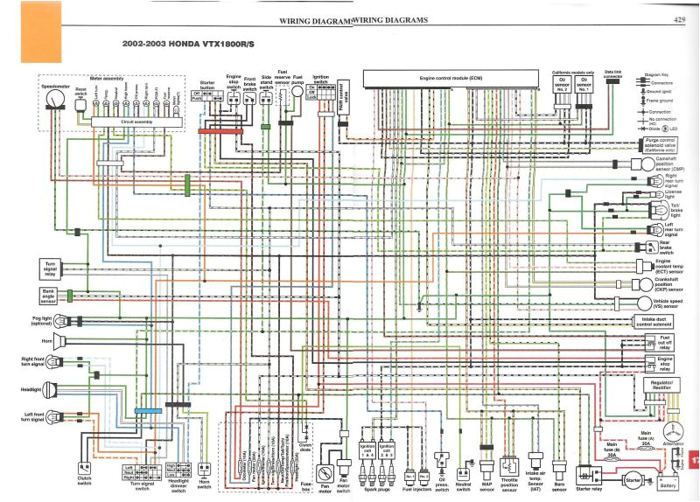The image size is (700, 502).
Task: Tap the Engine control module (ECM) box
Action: click(451, 80)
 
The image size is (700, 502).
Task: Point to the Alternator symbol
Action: click(672, 434)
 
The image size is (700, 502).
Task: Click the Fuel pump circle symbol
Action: click(298, 98)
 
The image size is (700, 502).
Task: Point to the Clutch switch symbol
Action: click(84, 467)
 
